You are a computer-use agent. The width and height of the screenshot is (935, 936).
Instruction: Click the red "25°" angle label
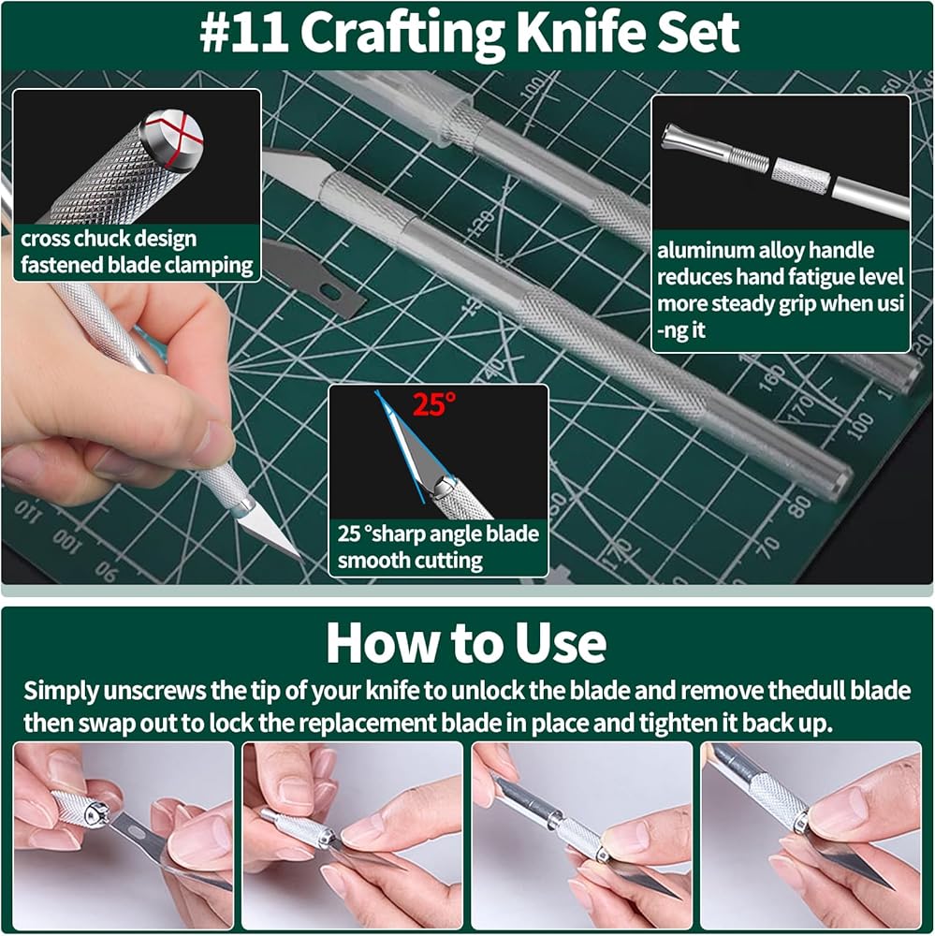[x=434, y=404]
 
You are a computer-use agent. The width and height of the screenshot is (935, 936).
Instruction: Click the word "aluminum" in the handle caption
[x=695, y=251]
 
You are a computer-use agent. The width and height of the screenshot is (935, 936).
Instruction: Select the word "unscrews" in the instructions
[x=154, y=692]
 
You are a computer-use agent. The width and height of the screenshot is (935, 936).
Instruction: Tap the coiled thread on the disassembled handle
[x=750, y=158]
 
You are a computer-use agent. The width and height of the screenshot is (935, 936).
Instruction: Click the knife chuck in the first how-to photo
[x=83, y=810]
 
